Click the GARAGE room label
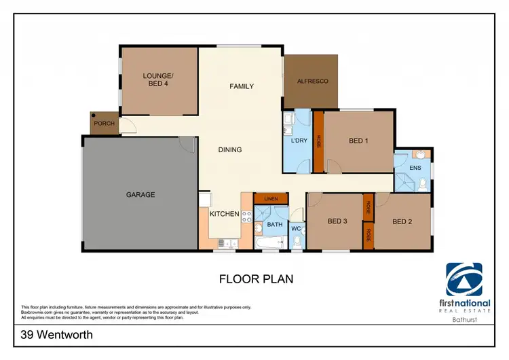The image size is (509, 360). (x=140, y=195)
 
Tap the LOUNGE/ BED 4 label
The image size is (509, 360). (x=159, y=79)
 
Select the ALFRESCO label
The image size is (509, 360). (x=312, y=82)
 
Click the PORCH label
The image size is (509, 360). (x=104, y=124)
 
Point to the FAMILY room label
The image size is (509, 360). (x=241, y=86)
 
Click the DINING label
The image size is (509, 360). (x=230, y=150)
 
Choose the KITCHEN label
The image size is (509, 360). (x=224, y=214)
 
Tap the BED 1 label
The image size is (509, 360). (x=358, y=141)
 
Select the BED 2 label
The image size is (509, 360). (x=402, y=221)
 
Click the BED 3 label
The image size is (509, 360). (x=337, y=221)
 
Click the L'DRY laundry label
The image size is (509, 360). (x=300, y=141)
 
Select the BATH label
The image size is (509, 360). (x=275, y=223)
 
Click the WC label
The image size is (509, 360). (x=296, y=229)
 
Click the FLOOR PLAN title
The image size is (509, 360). (x=256, y=278)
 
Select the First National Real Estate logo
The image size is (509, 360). (x=464, y=288)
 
